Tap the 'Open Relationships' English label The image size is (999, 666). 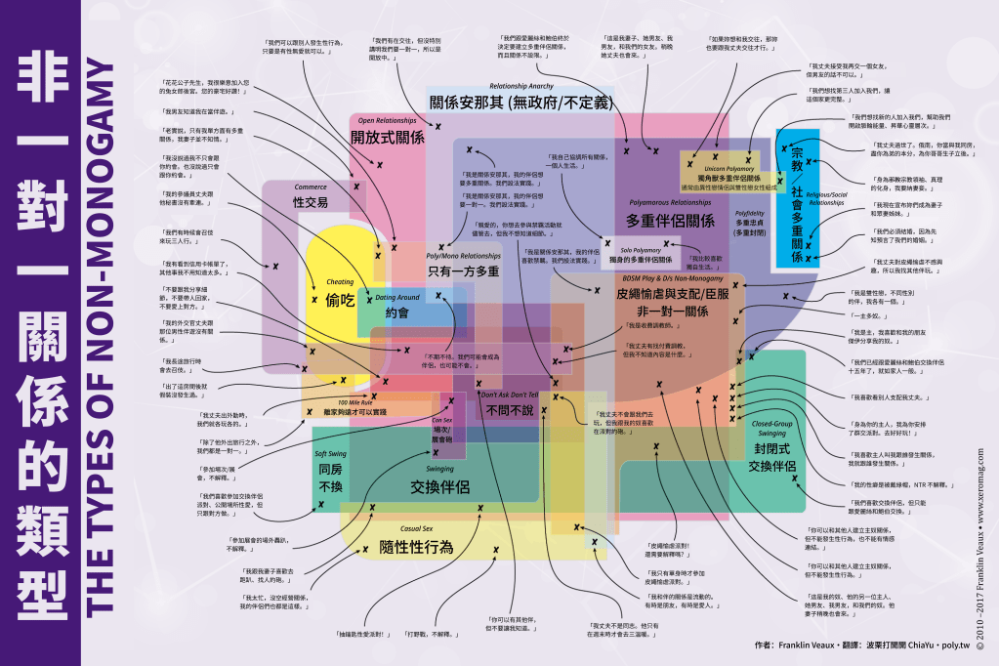click(388, 120)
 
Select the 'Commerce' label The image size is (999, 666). click(311, 187)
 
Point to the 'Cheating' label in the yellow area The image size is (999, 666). click(340, 281)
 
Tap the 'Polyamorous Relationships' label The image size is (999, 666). click(669, 201)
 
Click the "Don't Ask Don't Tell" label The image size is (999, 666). click(509, 394)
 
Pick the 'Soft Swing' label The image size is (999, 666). click(331, 454)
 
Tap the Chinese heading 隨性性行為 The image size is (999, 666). click(417, 547)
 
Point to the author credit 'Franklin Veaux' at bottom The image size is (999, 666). click(803, 645)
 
